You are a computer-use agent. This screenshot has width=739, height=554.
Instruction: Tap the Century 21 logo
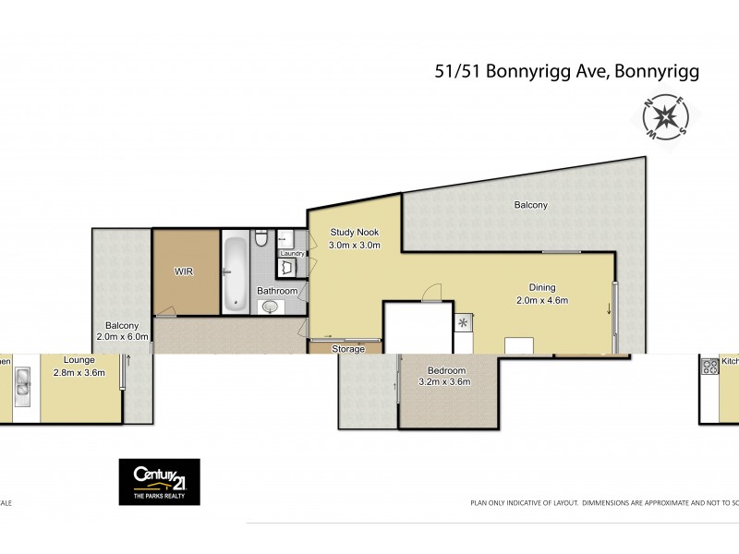click(x=159, y=482)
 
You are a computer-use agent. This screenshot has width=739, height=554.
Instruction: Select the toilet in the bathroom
click(x=261, y=240)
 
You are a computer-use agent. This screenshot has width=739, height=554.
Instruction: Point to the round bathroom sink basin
click(x=269, y=307)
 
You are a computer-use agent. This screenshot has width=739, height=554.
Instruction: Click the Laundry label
click(x=292, y=253)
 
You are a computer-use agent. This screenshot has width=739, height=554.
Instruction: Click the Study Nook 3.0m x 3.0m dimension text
click(x=355, y=245)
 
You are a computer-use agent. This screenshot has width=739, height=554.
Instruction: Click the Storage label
click(x=348, y=349)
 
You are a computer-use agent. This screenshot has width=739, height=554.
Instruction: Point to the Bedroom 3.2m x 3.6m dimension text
click(x=444, y=381)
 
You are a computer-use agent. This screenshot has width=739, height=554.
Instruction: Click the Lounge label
click(x=79, y=360)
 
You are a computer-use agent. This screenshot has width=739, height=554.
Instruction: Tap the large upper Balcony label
click(x=530, y=205)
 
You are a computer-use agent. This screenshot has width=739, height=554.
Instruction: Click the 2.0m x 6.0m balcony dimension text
click(x=121, y=337)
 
